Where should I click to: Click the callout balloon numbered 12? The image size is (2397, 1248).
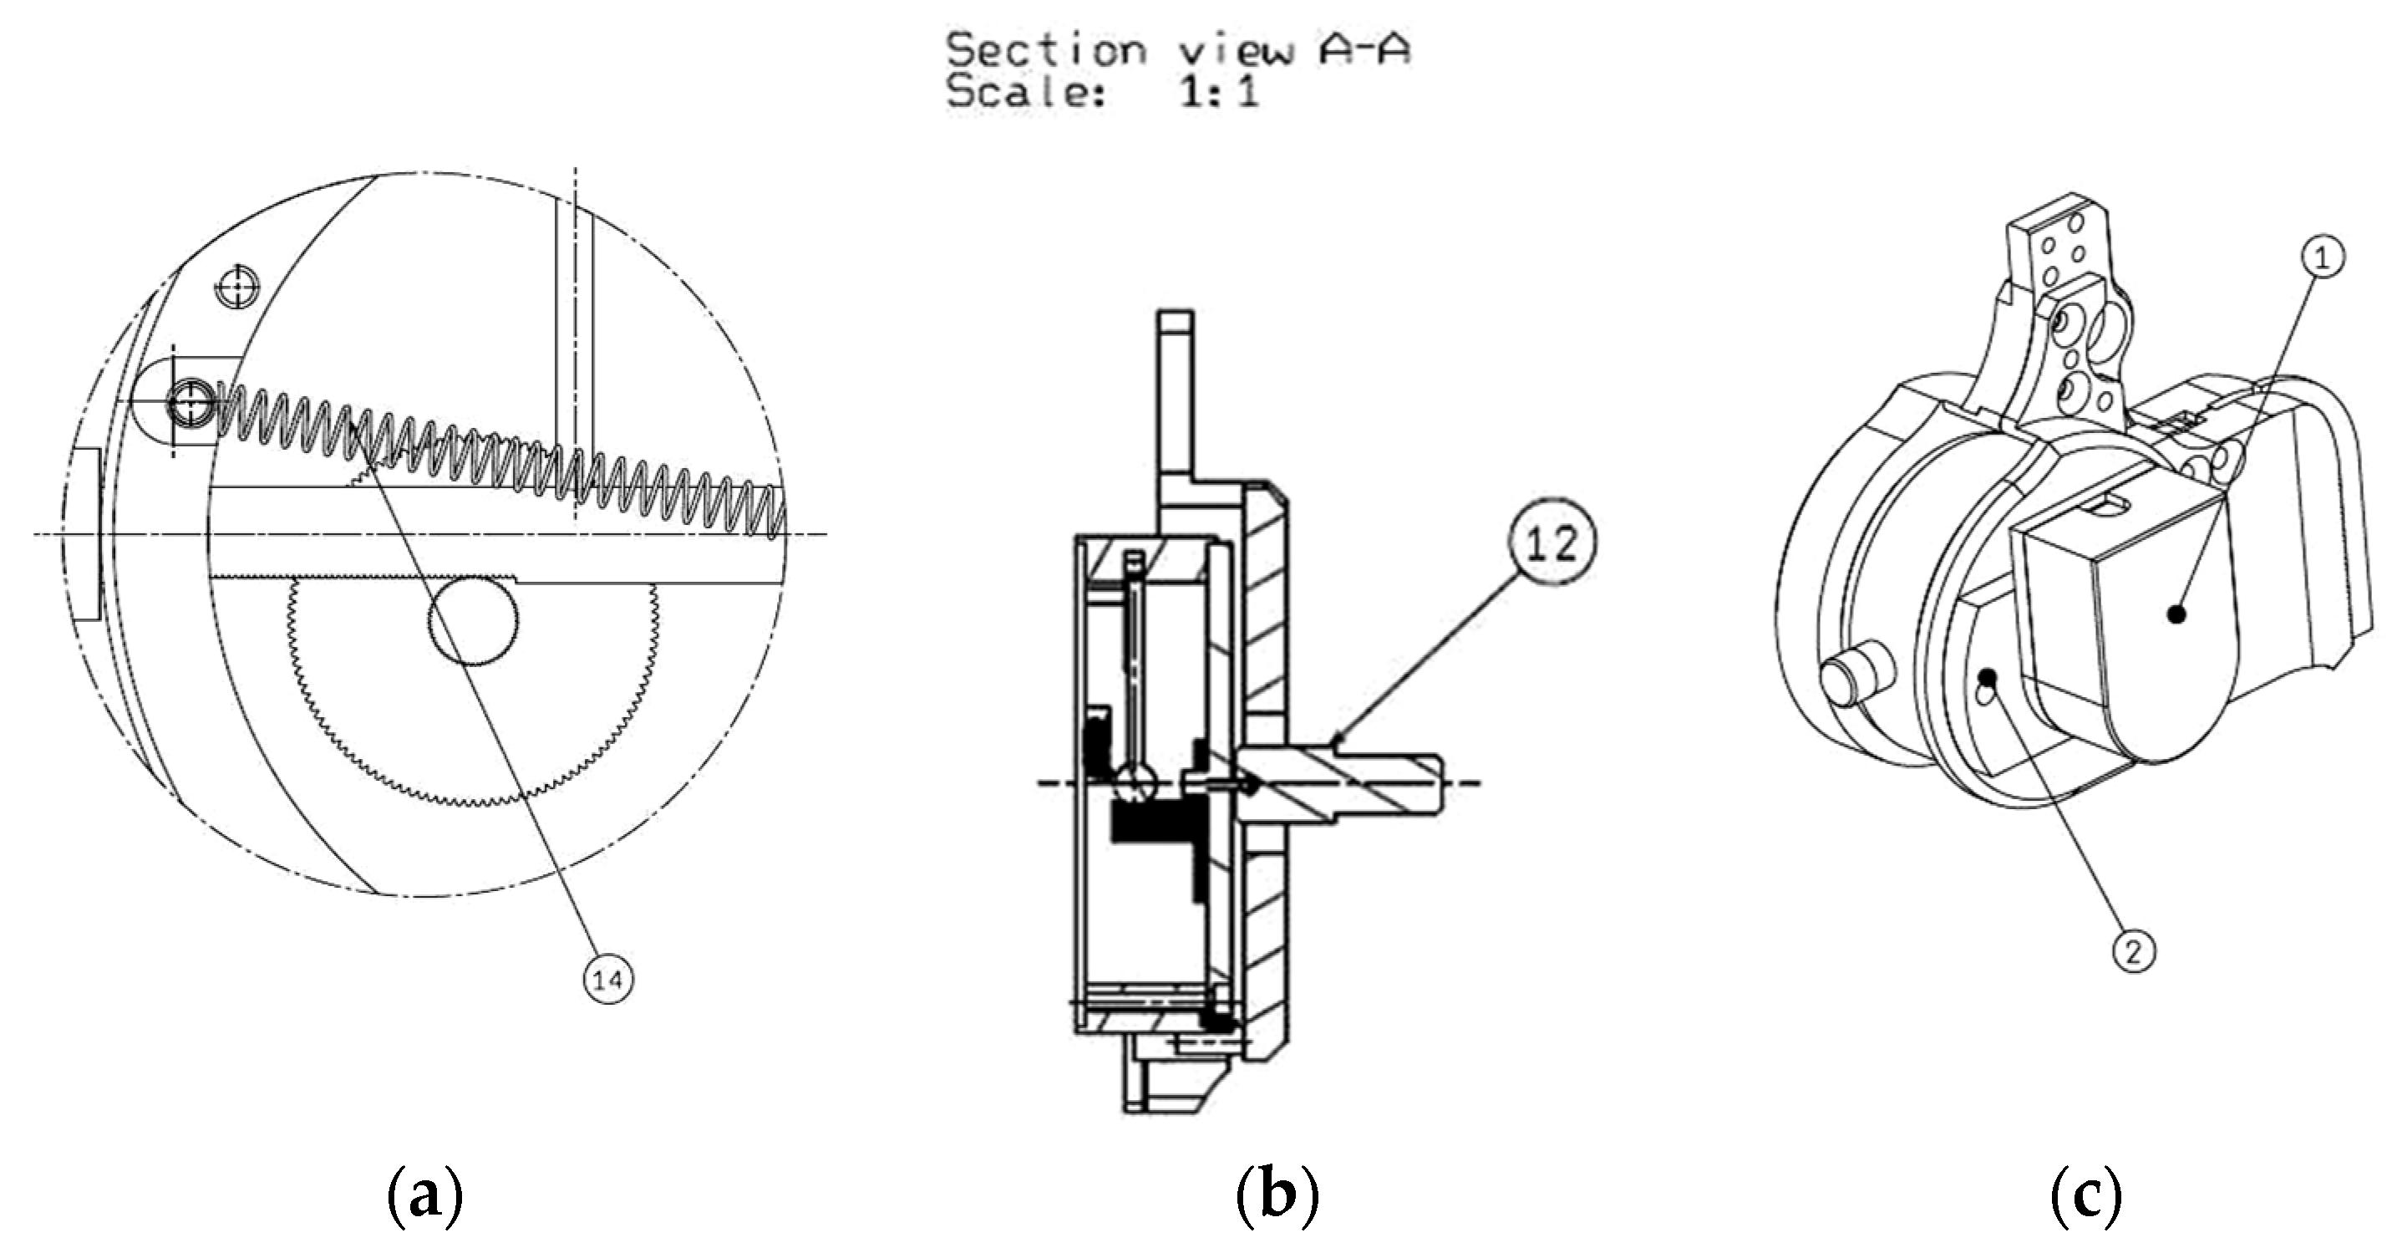click(x=1551, y=542)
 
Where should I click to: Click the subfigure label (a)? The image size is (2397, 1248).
click(x=424, y=1198)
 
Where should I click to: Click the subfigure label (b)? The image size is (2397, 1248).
click(x=1277, y=1198)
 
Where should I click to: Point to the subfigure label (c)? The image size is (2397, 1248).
click(x=2085, y=1198)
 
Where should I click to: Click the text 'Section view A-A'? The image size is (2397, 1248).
click(x=1178, y=49)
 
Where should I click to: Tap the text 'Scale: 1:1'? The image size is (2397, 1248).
click(x=1103, y=93)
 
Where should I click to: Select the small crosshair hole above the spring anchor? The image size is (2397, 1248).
click(x=237, y=287)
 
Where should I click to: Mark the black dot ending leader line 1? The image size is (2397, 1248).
click(x=2176, y=614)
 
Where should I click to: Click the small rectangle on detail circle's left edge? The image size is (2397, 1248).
click(x=84, y=533)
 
